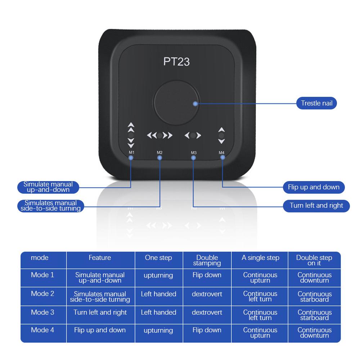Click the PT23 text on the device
click(176, 61)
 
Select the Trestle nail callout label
click(316, 103)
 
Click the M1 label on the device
click(131, 153)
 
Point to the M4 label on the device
click(222, 153)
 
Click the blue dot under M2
click(160, 158)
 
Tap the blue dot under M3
click(194, 158)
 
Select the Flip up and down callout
click(314, 187)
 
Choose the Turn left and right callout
click(316, 206)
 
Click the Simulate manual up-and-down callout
click(48, 187)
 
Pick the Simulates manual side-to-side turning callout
click(48, 206)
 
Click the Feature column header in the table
click(100, 258)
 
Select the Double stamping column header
click(207, 260)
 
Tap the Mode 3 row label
click(42, 312)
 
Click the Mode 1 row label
click(42, 275)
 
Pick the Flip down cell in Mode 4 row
click(207, 330)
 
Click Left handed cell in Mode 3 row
click(158, 312)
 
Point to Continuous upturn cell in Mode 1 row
click(260, 278)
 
